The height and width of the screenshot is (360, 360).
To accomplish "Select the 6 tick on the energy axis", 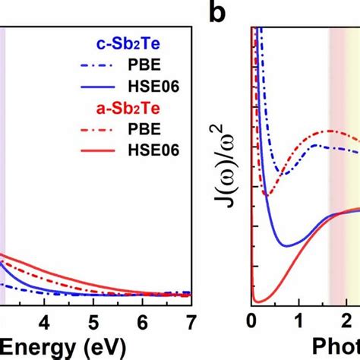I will click(142, 320).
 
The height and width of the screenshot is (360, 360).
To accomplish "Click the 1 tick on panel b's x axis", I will click(298, 320).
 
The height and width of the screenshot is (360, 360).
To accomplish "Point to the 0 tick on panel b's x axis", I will click(252, 320).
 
